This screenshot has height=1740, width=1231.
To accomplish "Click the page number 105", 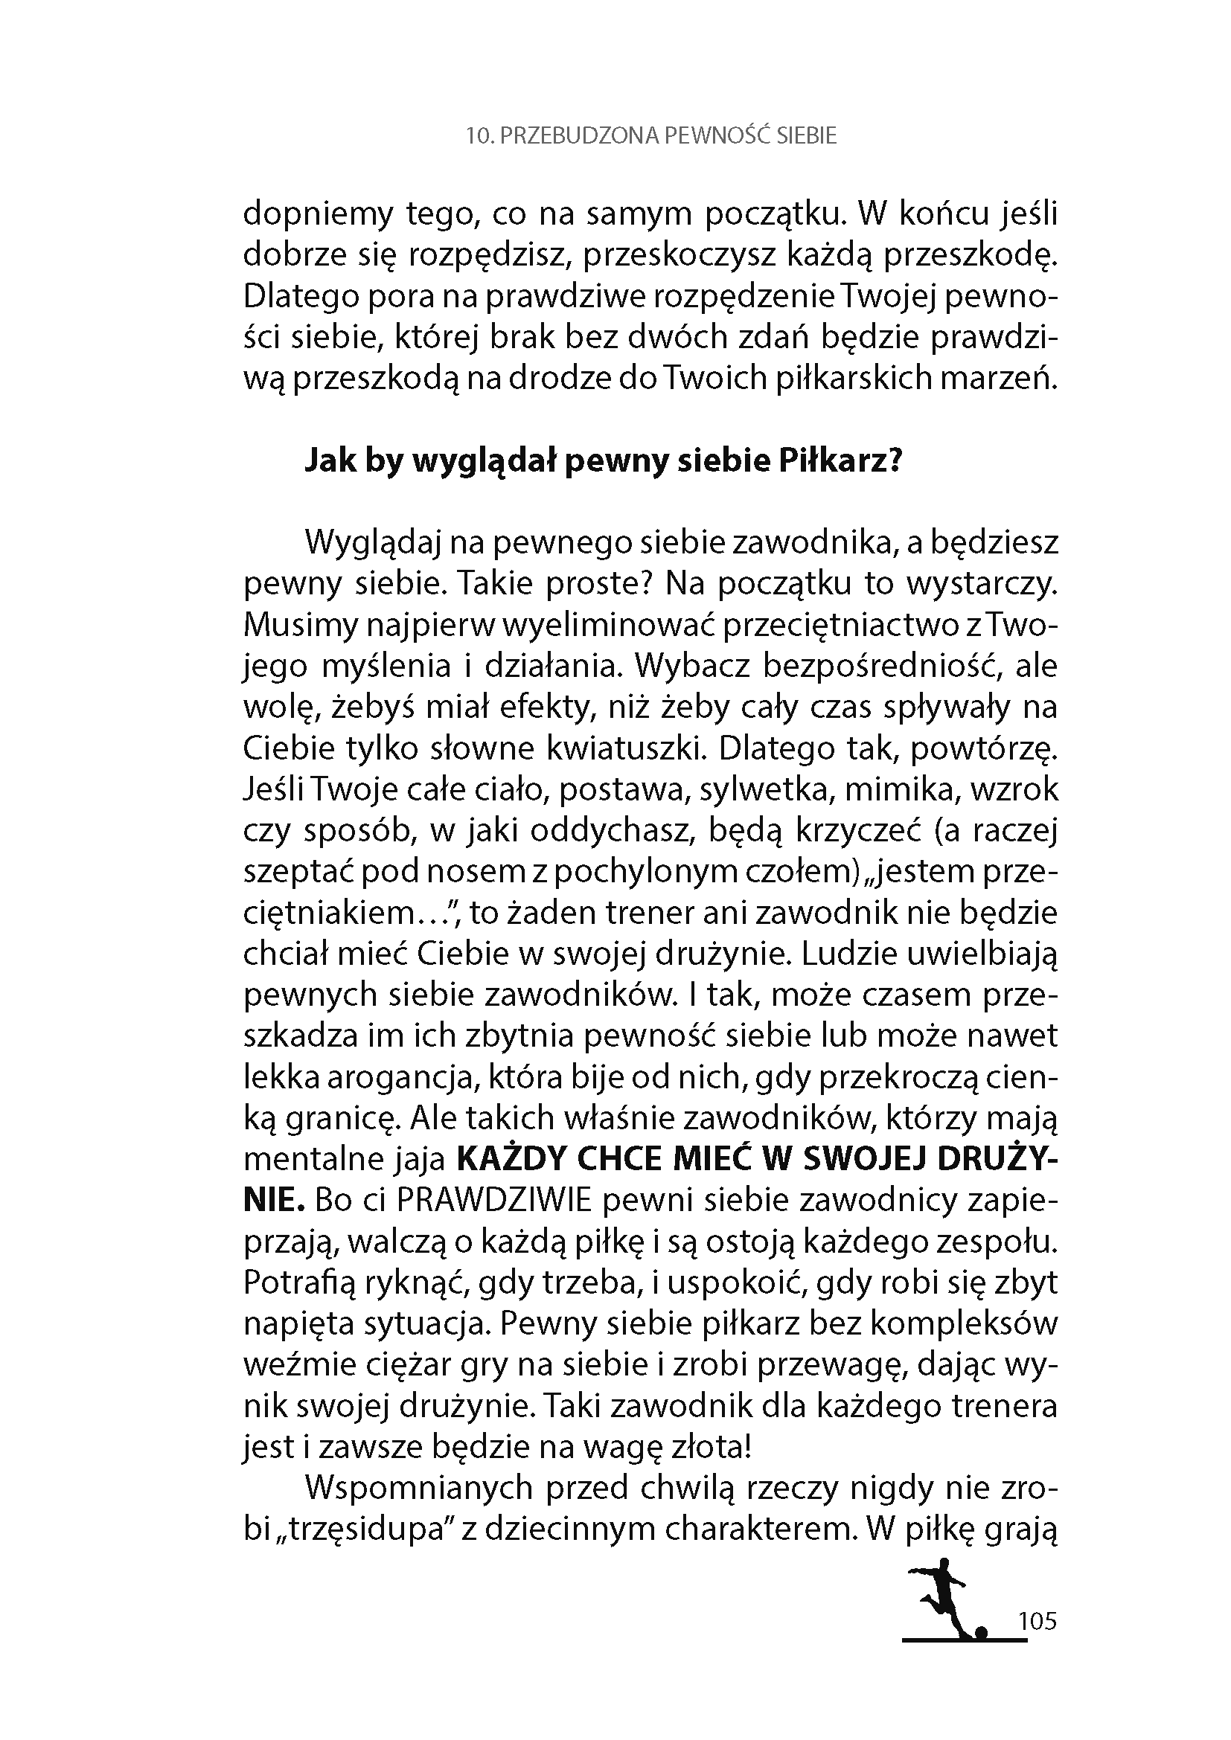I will coord(1037,1622).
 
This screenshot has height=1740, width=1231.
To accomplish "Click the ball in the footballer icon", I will coord(982,1631).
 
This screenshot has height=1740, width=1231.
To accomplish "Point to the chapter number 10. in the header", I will coord(476,135).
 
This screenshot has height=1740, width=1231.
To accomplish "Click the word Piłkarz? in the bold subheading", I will coord(840,460).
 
